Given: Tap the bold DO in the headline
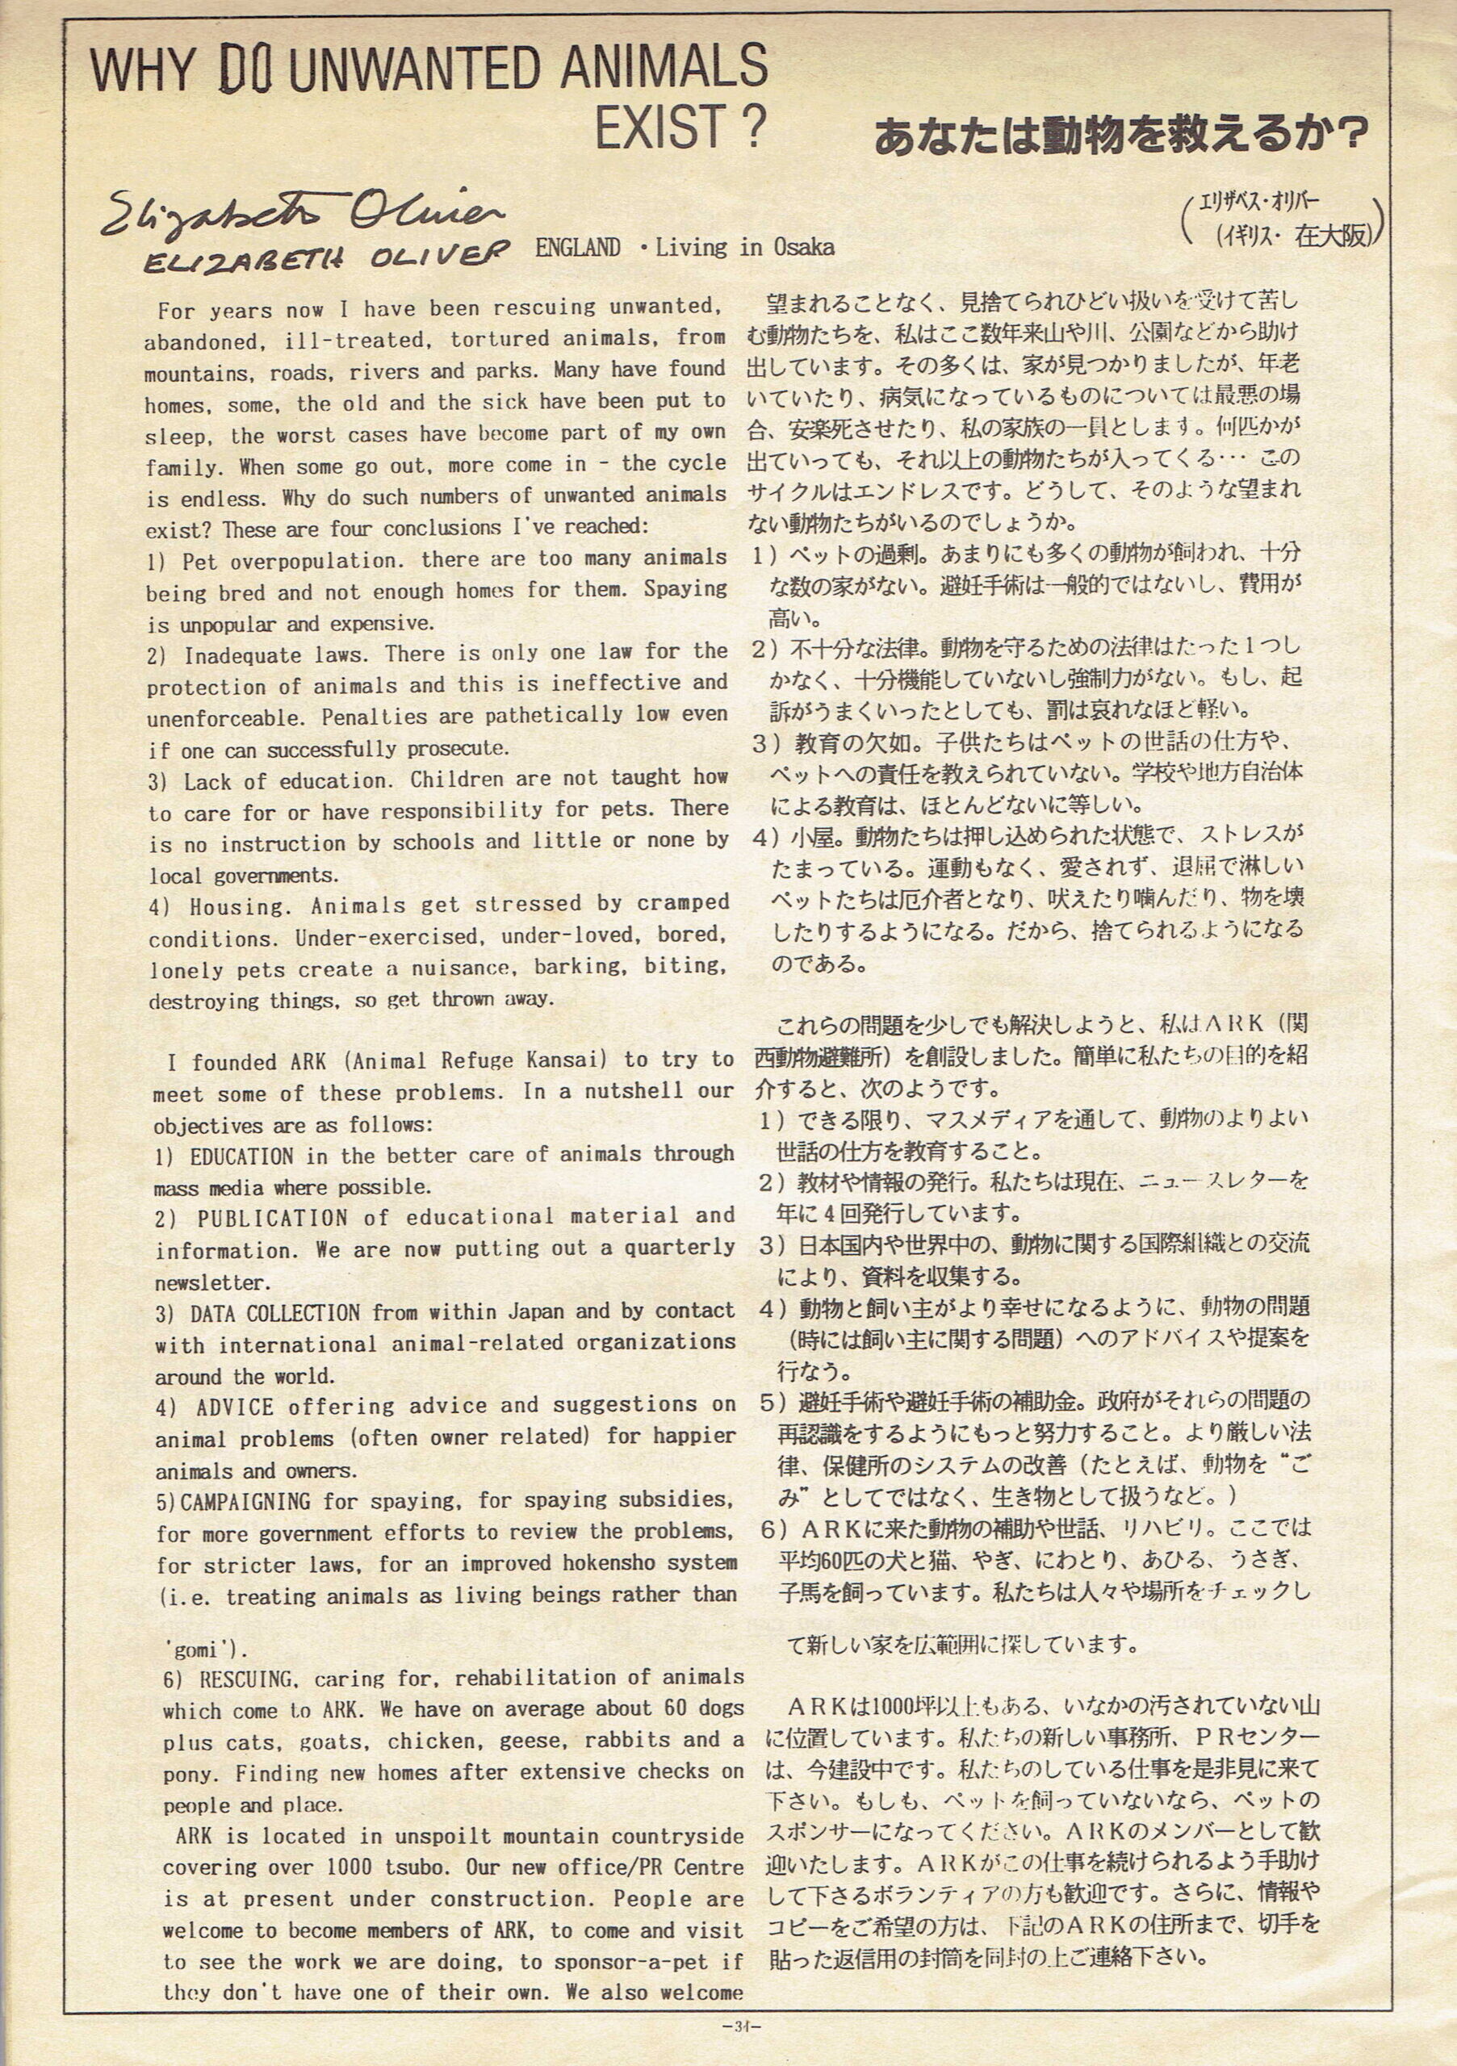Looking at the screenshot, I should click(245, 70).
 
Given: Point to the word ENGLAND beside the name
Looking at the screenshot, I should click(578, 248).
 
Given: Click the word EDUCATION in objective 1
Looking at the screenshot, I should click(241, 1156).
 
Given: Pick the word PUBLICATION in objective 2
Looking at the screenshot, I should click(272, 1219).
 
